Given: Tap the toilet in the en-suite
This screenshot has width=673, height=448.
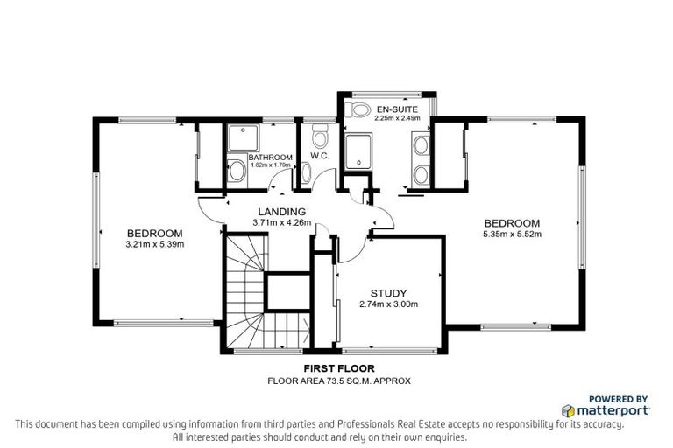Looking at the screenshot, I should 359,110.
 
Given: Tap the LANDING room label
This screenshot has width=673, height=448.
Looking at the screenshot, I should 280,212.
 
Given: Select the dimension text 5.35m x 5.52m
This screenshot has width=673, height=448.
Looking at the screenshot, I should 512,234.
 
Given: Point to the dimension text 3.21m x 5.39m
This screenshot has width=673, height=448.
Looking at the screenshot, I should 154,244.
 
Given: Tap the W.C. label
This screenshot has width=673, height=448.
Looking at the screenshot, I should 319,157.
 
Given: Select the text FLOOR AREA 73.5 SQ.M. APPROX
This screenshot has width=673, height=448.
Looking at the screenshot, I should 338,381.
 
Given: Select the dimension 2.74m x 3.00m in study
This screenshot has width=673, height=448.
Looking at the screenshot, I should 387,304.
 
